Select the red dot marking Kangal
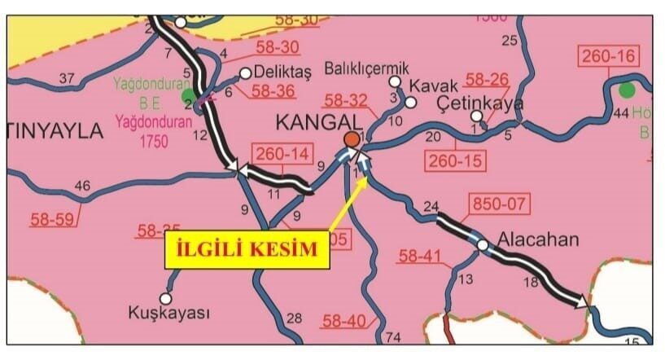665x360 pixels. tap(352, 139)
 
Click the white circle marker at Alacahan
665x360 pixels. tap(483, 245)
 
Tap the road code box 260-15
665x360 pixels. tap(456, 160)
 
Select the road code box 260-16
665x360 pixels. tap(609, 57)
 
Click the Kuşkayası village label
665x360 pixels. tap(169, 313)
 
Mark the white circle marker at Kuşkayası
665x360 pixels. tap(169, 296)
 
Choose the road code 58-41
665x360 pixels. tap(420, 258)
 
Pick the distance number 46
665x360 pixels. tap(81, 187)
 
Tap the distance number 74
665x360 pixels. tap(393, 338)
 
